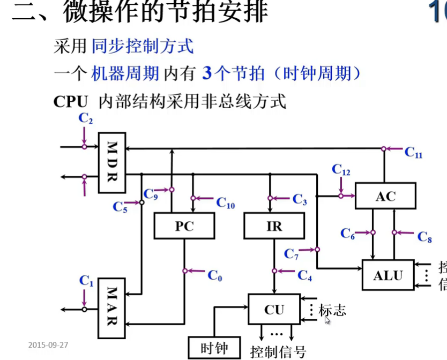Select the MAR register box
(111, 306)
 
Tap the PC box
(183, 226)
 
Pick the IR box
(274, 226)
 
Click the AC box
(385, 196)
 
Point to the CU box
(273, 309)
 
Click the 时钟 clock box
(214, 348)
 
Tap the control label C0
(214, 275)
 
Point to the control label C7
(292, 254)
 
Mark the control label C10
(226, 202)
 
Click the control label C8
(424, 237)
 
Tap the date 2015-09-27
(48, 344)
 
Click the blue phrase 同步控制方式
(143, 47)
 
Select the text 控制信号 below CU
(278, 351)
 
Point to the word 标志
(332, 310)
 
